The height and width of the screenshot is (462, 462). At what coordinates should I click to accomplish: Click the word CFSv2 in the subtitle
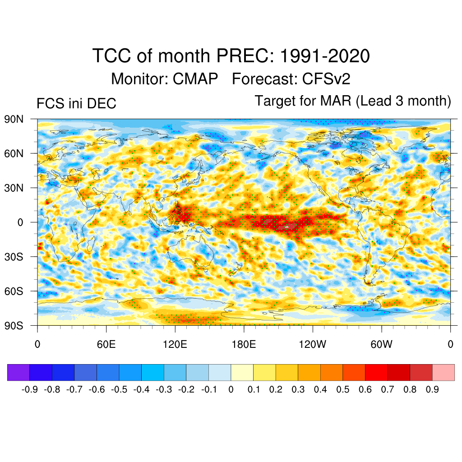(x=326, y=79)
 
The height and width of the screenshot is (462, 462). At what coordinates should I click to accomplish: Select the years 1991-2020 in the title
(x=325, y=57)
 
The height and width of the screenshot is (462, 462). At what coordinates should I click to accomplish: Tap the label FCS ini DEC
(x=76, y=104)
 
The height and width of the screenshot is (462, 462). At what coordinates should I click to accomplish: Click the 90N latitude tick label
(x=14, y=119)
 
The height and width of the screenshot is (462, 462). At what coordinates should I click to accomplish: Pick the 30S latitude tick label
(x=14, y=257)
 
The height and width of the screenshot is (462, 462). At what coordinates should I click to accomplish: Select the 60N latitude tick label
(x=14, y=153)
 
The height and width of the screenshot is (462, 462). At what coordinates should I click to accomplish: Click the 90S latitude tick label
(x=14, y=325)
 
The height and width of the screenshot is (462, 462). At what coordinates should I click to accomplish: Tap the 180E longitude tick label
(x=244, y=345)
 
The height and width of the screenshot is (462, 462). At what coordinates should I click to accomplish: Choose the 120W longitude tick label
(x=313, y=345)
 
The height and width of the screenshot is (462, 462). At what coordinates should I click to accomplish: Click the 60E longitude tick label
(x=106, y=345)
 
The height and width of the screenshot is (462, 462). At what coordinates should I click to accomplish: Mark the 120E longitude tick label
(x=175, y=345)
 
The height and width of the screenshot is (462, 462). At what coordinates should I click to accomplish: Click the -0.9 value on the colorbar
(x=29, y=389)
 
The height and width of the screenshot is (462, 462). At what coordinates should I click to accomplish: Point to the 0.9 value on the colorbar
(x=432, y=389)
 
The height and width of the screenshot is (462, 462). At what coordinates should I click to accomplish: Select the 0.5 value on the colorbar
(x=343, y=389)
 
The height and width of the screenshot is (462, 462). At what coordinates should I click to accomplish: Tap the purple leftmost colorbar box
(x=18, y=372)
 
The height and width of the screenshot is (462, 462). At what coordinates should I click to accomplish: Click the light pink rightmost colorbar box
(x=444, y=372)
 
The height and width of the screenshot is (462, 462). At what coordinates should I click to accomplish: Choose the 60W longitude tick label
(x=381, y=345)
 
